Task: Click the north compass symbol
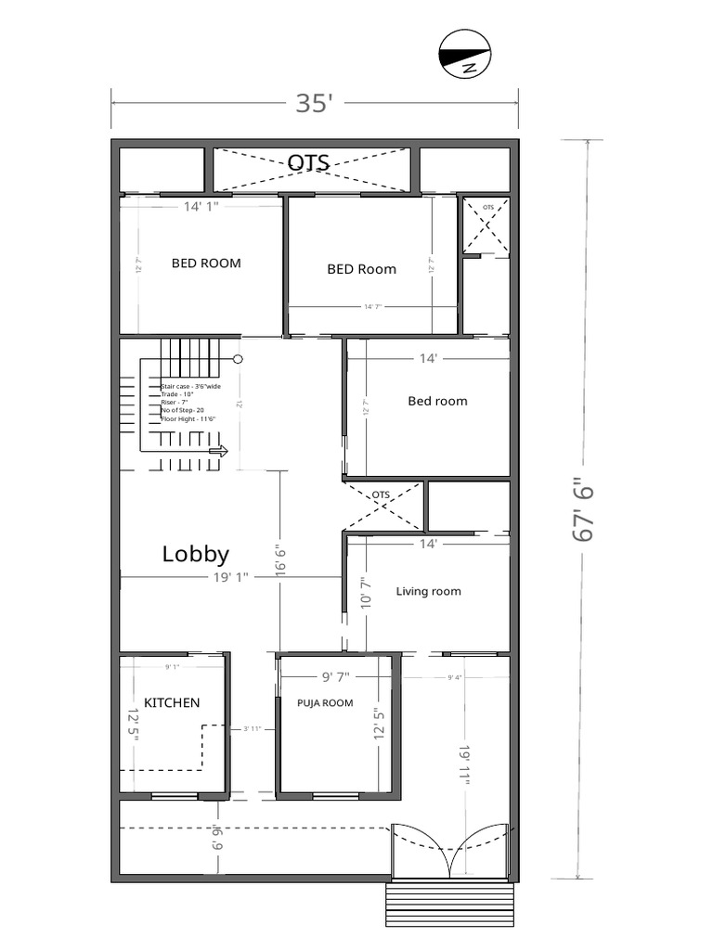[463, 53]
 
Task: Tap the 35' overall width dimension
[314, 103]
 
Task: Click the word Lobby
[195, 554]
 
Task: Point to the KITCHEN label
[171, 702]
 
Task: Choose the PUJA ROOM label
[325, 702]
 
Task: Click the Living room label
[428, 591]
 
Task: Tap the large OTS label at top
[308, 162]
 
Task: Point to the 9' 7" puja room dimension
[339, 676]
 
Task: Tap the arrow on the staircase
[219, 452]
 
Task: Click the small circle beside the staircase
[238, 358]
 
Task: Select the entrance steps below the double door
[449, 904]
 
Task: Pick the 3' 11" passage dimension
[252, 728]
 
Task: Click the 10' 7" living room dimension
[365, 591]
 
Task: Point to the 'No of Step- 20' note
[182, 409]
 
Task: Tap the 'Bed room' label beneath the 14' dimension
[437, 401]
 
